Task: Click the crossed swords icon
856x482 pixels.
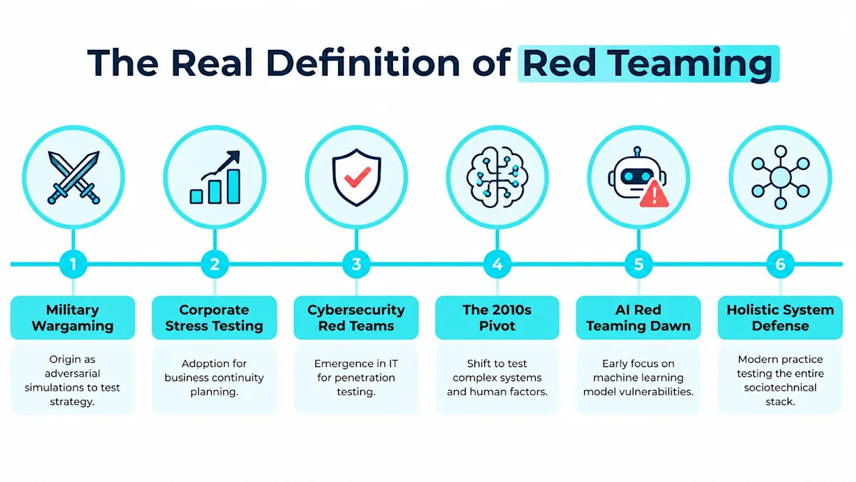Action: [x=73, y=178]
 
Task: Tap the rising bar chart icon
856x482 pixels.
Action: [x=215, y=177]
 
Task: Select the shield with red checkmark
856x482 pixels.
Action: [x=356, y=177]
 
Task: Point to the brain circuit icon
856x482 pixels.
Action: [x=497, y=178]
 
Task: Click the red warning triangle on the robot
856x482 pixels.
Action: [x=654, y=194]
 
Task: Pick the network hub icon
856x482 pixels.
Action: [x=780, y=178]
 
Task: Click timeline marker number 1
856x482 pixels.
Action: [x=73, y=264]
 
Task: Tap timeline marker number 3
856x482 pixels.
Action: [x=356, y=264]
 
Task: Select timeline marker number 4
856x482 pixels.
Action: [x=497, y=264]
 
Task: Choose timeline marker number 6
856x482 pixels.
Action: [x=780, y=264]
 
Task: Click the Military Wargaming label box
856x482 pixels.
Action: [x=73, y=318]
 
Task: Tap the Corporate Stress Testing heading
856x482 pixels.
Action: [x=214, y=318]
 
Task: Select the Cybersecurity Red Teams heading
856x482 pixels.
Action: [x=356, y=318]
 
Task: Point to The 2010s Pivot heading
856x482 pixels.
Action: [x=496, y=318]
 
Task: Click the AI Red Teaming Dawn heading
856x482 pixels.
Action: [x=638, y=318]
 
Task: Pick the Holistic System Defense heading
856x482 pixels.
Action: [x=780, y=318]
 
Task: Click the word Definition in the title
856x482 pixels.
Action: [x=362, y=62]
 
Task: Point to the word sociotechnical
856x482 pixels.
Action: [x=780, y=388]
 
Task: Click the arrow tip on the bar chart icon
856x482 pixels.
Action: [x=238, y=152]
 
